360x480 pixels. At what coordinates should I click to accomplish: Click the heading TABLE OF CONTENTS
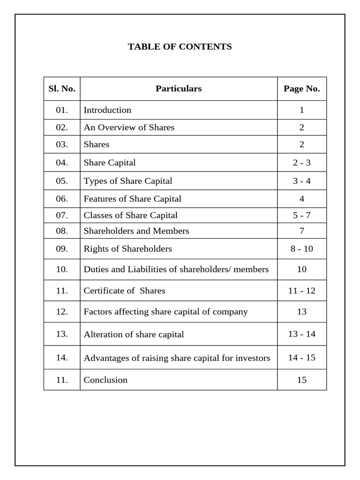coord(180,47)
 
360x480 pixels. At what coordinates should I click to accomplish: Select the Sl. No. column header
coord(62,89)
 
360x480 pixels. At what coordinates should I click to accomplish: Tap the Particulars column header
coord(179,89)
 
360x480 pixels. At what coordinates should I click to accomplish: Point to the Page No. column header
coord(302,89)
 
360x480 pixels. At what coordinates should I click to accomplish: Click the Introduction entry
coord(107,110)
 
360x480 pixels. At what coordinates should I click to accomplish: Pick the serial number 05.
coord(62,181)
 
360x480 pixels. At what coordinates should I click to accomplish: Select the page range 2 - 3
coord(302,163)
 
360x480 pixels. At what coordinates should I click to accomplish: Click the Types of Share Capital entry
coord(128,181)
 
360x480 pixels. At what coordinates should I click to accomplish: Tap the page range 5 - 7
coord(302,216)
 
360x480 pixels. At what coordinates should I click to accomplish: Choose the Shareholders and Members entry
coord(136,231)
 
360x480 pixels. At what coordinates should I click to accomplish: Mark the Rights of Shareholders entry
coord(128,249)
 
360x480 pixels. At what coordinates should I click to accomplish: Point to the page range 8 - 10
coord(302,249)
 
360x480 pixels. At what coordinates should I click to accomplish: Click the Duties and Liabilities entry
coord(176,270)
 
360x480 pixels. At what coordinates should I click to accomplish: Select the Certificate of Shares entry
coord(125,291)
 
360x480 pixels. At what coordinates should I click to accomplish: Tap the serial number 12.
coord(62,312)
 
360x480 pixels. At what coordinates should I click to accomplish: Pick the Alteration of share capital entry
coord(134,335)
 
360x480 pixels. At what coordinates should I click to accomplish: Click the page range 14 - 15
coord(302,358)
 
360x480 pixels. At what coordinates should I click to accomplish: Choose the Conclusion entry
coord(105,380)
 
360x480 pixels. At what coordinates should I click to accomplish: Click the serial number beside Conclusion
coord(62,380)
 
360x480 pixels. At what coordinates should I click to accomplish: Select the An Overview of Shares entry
coord(129,127)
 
